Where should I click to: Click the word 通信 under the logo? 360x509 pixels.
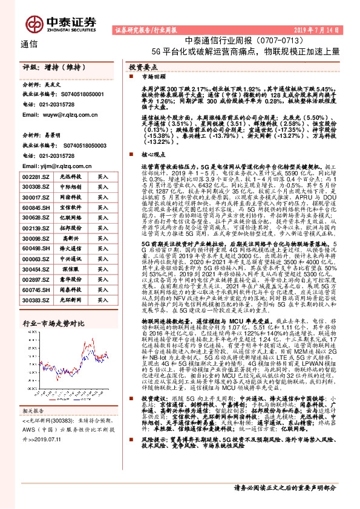tap(29, 44)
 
